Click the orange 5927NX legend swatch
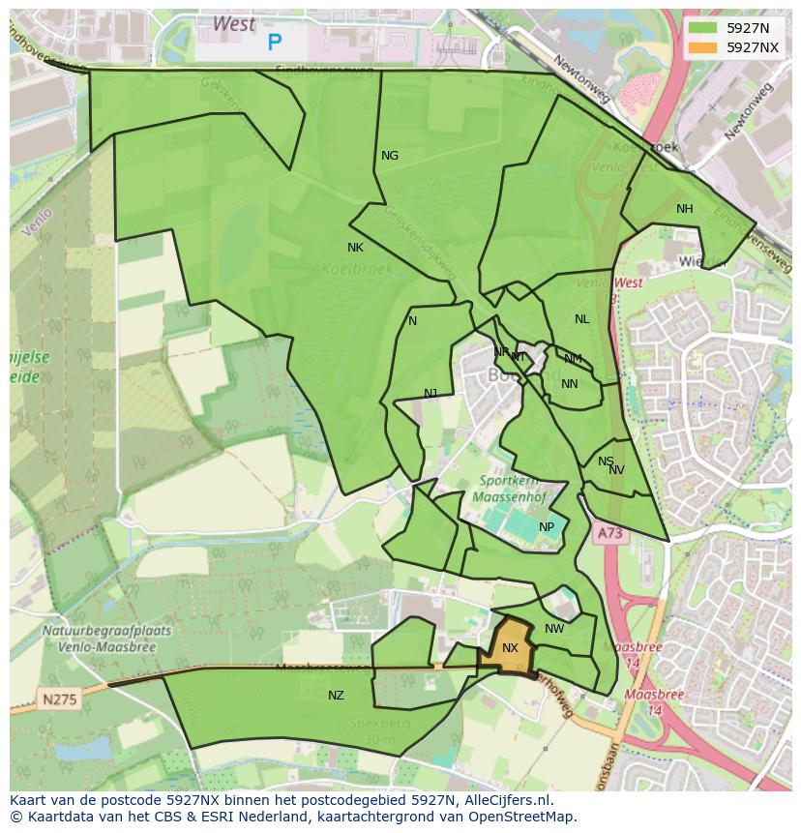[703, 47]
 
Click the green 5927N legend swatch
[703, 28]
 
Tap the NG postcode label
[390, 156]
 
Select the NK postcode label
[355, 248]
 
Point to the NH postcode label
[685, 209]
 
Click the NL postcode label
[581, 319]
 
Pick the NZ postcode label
[336, 696]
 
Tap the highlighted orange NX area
[509, 647]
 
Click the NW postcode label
[554, 629]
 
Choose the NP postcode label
[547, 527]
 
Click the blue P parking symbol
[275, 43]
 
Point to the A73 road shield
[608, 533]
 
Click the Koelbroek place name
[358, 269]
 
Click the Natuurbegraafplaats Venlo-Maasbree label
[106, 638]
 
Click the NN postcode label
[570, 384]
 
